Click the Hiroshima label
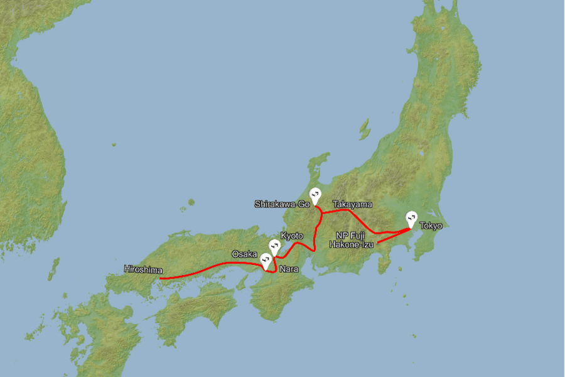coord(143,270)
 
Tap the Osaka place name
coord(244,254)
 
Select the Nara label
coord(289,268)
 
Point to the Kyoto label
coord(292,236)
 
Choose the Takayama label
coord(352,204)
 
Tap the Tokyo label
coord(431,226)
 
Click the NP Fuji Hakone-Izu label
coord(351,240)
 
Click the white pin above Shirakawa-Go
coord(316,195)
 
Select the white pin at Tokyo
coord(411,217)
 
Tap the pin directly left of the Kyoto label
coord(274,246)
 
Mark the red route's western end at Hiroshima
coord(160,278)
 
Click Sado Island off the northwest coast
coord(364,129)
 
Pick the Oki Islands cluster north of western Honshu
coord(188,204)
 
